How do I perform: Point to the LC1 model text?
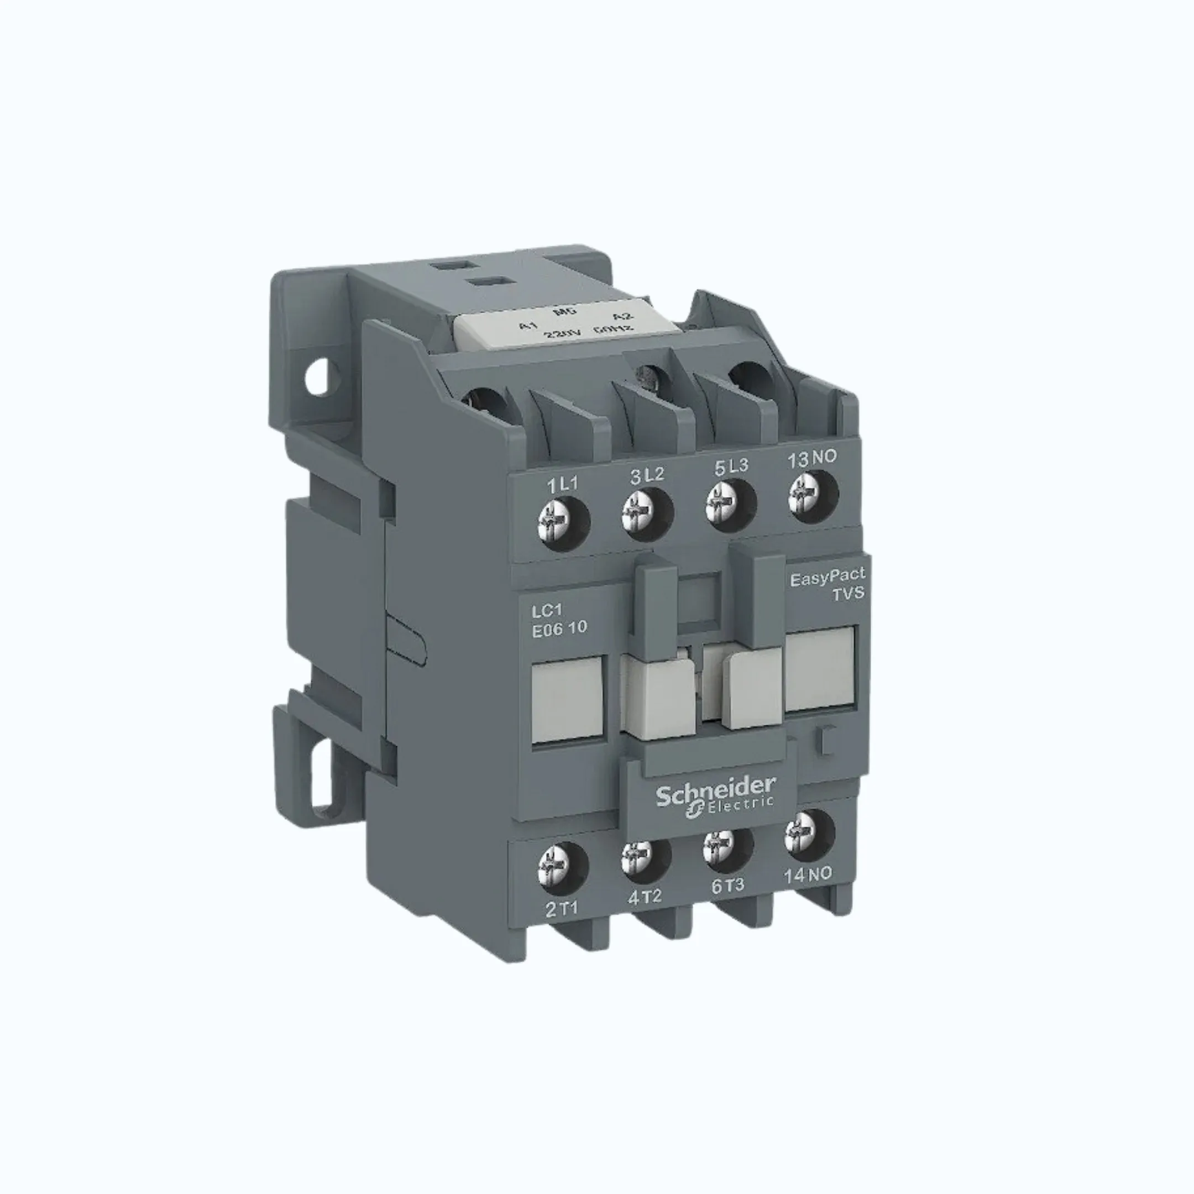(547, 611)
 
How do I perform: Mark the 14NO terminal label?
(808, 874)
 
